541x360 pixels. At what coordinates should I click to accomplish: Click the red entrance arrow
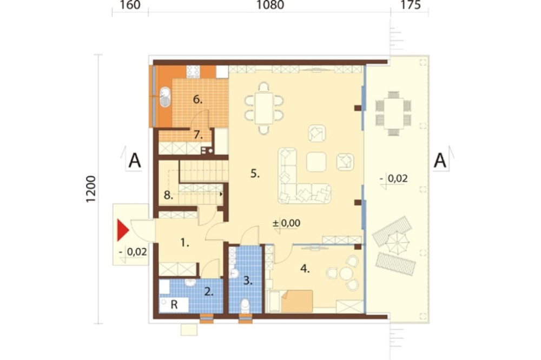click(122, 230)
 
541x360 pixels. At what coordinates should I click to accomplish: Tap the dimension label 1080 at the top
click(270, 5)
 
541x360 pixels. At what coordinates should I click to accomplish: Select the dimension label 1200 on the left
click(90, 189)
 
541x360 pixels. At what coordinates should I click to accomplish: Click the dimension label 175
click(411, 5)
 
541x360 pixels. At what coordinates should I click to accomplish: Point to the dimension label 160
click(130, 5)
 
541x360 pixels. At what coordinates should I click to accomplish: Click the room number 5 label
click(255, 174)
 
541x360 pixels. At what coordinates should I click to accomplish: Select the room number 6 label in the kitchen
click(197, 99)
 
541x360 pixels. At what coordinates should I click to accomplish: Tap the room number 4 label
click(305, 268)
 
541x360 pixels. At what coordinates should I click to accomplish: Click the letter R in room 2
click(174, 304)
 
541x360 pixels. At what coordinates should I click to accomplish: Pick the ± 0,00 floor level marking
click(286, 223)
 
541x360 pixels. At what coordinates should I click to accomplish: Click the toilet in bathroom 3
click(245, 305)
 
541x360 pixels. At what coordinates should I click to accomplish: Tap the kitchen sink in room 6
click(165, 97)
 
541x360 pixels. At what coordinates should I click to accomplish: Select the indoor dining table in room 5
click(264, 108)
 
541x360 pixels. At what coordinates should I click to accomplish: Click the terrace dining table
click(394, 114)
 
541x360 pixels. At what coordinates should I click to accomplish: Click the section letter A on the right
click(440, 161)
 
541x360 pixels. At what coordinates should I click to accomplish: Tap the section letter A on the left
click(135, 161)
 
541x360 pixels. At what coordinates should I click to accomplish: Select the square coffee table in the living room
click(316, 162)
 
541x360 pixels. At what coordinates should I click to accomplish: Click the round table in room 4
click(346, 274)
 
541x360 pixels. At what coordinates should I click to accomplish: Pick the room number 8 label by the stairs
click(168, 196)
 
